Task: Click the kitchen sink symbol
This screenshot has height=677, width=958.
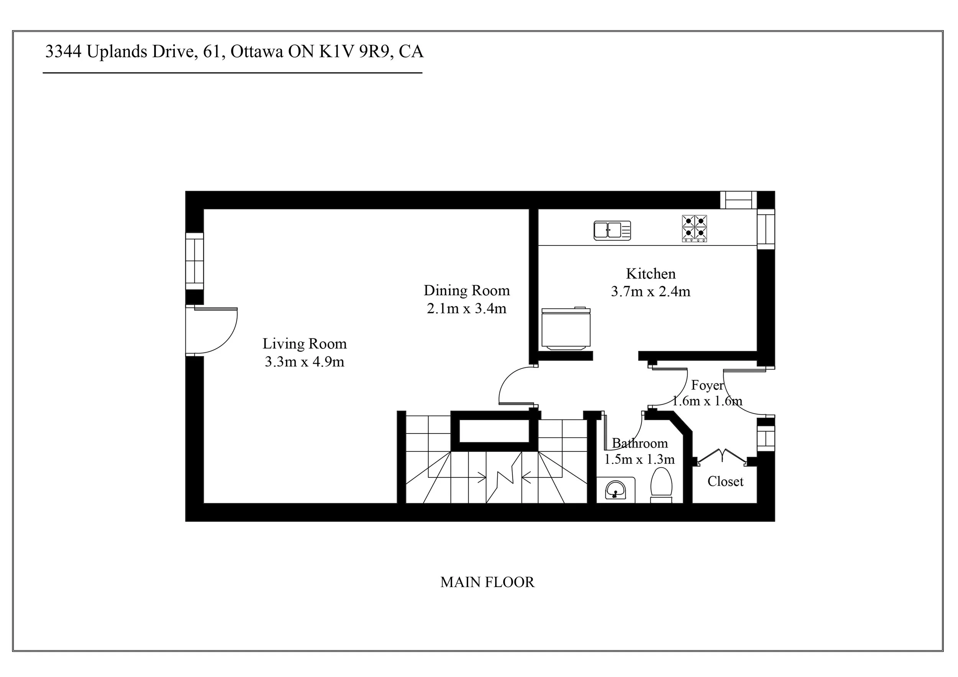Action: [x=612, y=231]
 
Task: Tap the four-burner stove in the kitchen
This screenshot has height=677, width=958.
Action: [x=694, y=228]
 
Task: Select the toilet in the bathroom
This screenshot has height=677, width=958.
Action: [x=661, y=486]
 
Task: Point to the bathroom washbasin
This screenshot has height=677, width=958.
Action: [x=615, y=490]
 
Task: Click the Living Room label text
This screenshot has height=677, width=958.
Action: [x=305, y=344]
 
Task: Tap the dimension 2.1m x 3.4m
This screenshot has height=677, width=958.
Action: [x=466, y=309]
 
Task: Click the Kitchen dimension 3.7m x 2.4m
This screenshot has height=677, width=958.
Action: [x=651, y=291]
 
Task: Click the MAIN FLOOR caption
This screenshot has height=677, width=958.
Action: [x=487, y=582]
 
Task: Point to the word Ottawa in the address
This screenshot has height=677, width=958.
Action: [x=257, y=52]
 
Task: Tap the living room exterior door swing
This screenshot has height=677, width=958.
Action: [x=215, y=331]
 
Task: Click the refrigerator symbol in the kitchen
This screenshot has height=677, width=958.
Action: [x=566, y=328]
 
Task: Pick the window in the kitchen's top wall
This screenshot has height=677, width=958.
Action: [x=738, y=200]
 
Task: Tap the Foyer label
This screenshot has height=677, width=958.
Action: [x=707, y=386]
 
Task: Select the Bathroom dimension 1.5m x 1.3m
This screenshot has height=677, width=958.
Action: [x=640, y=460]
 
